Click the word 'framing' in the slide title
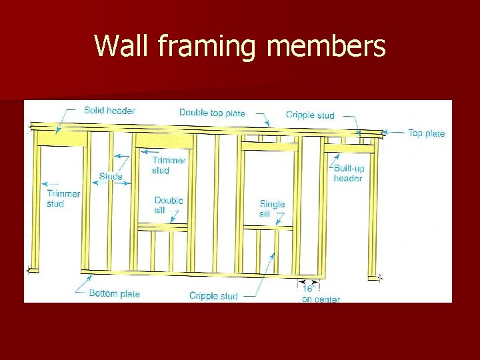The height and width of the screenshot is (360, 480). [200, 47]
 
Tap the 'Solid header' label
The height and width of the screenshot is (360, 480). [109, 110]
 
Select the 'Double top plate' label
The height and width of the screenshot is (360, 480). [211, 113]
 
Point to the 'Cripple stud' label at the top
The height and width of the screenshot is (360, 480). [310, 115]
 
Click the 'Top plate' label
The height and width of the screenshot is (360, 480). [426, 133]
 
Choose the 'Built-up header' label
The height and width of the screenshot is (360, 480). [349, 173]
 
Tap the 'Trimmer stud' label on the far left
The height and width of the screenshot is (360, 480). [63, 199]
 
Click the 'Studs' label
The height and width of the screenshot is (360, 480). [111, 177]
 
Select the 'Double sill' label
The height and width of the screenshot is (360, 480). [169, 205]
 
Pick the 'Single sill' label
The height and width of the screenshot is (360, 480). [272, 209]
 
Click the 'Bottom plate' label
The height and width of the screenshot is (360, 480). [114, 293]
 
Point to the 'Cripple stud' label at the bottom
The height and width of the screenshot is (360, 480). [213, 296]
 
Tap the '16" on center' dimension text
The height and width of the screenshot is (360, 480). [320, 294]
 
